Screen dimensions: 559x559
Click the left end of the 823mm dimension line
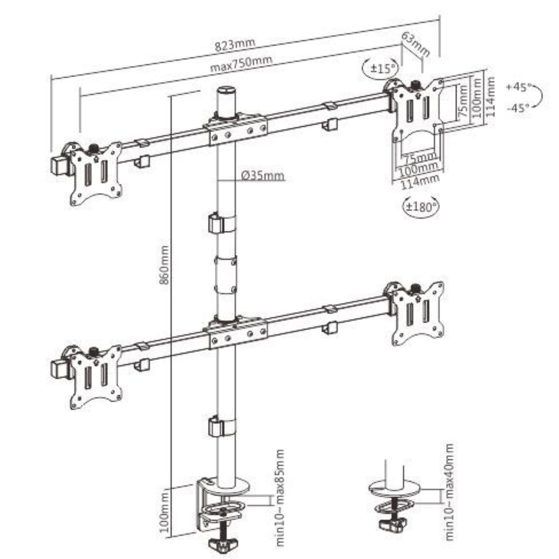51,78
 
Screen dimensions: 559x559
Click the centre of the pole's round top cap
226,89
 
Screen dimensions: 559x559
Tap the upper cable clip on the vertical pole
222,223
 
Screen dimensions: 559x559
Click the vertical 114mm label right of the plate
489,96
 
